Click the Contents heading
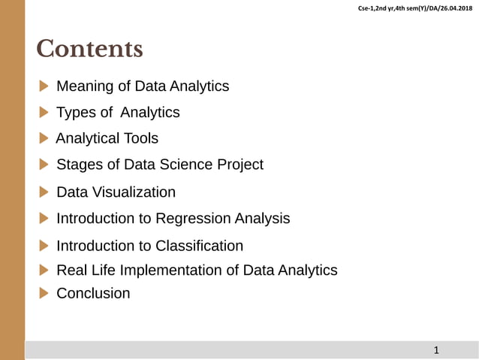coord(89,50)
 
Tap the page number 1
coord(436,350)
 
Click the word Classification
coord(199,246)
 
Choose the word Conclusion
coord(93,294)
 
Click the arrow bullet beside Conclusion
coord(44,293)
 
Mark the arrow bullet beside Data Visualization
coord(44,192)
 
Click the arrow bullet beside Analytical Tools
coord(44,138)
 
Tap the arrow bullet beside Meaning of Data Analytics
coord(44,86)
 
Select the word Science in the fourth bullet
coord(173,165)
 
